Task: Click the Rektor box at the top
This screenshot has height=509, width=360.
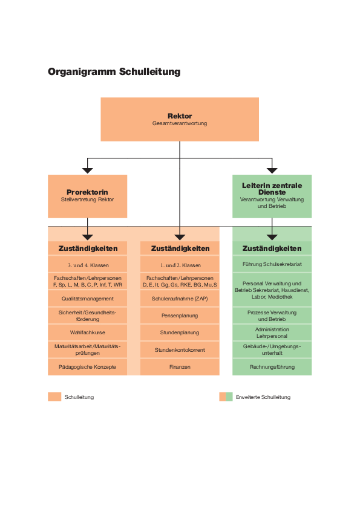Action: (x=180, y=119)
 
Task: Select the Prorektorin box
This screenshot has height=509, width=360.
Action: (x=87, y=196)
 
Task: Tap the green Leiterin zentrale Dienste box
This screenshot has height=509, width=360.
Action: (x=272, y=196)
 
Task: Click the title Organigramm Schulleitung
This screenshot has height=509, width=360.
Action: (x=114, y=72)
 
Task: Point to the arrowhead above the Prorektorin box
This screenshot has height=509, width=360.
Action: (x=87, y=170)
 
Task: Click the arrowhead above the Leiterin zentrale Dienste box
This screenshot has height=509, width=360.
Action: (x=272, y=170)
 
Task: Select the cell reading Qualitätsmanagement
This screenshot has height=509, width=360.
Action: (x=87, y=298)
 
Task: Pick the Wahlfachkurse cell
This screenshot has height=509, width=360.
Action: (x=87, y=332)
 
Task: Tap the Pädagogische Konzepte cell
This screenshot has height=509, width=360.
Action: (x=87, y=367)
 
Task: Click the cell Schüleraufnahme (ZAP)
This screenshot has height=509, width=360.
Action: (x=180, y=298)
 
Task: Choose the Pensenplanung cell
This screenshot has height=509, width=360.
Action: (x=180, y=315)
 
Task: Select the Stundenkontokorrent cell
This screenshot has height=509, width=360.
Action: (x=180, y=349)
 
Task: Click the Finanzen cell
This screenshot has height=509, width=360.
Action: (x=180, y=367)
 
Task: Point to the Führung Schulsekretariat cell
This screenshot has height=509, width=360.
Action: (x=272, y=264)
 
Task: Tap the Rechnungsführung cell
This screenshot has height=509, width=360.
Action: (x=272, y=367)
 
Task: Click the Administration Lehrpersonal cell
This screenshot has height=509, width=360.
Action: (x=272, y=332)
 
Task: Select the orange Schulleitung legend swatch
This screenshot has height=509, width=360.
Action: (x=54, y=397)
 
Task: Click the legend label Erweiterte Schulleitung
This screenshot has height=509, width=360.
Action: (x=263, y=397)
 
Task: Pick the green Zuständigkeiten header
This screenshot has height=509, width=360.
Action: (x=272, y=248)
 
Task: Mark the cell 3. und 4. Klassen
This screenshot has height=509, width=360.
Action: (x=87, y=265)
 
